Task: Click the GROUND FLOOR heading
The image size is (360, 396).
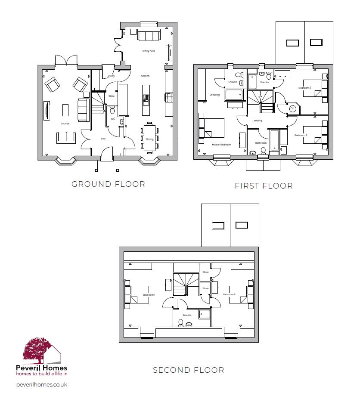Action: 108,184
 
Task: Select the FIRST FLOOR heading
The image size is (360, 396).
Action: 264,186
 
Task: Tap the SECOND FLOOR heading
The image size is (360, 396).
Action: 189,370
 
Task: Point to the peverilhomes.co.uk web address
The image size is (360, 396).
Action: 41,384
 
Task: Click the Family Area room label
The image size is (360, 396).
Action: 148,51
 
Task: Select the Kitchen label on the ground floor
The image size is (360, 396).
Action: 145,76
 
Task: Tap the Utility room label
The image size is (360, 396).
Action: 111,76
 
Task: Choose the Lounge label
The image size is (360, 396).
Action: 65,124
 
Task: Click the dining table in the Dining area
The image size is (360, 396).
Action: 149,137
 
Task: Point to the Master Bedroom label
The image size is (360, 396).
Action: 221,145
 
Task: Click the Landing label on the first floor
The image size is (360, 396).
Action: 257,121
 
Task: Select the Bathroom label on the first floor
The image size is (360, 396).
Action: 261,143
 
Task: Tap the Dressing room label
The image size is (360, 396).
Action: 214,95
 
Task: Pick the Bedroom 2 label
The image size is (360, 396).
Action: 305,88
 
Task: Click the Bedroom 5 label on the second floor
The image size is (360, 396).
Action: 229,294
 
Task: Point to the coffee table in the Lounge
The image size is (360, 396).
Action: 65,110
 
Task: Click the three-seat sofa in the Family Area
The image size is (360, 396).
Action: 149,35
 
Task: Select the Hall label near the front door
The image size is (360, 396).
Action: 103,139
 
